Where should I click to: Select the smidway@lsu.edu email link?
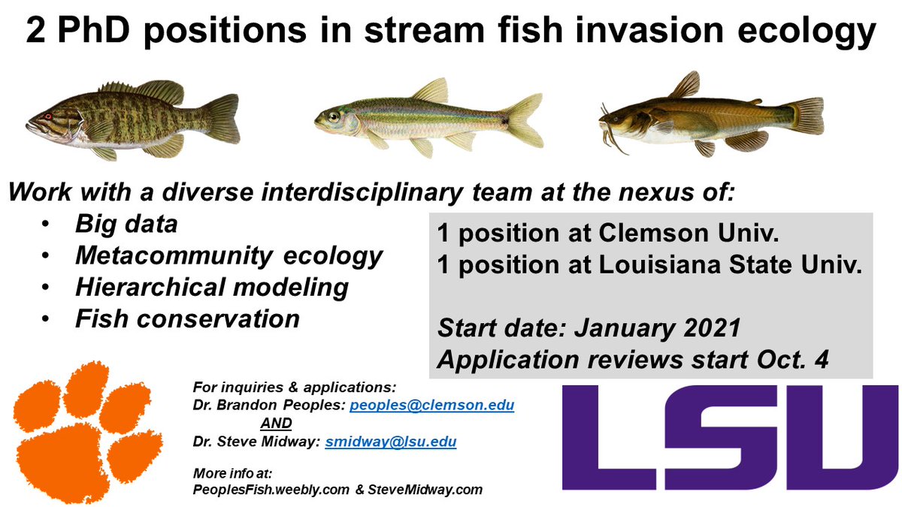[x=390, y=442]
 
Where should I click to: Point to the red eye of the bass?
[x=48, y=116]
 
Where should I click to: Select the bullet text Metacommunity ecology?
[x=229, y=255]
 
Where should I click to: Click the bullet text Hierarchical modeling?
[x=211, y=287]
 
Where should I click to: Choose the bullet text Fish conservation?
[x=187, y=318]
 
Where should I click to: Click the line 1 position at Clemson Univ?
[x=607, y=234]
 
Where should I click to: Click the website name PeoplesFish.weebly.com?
[x=271, y=490]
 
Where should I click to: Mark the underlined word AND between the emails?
[x=276, y=424]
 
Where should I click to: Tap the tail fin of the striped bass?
[x=221, y=118]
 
